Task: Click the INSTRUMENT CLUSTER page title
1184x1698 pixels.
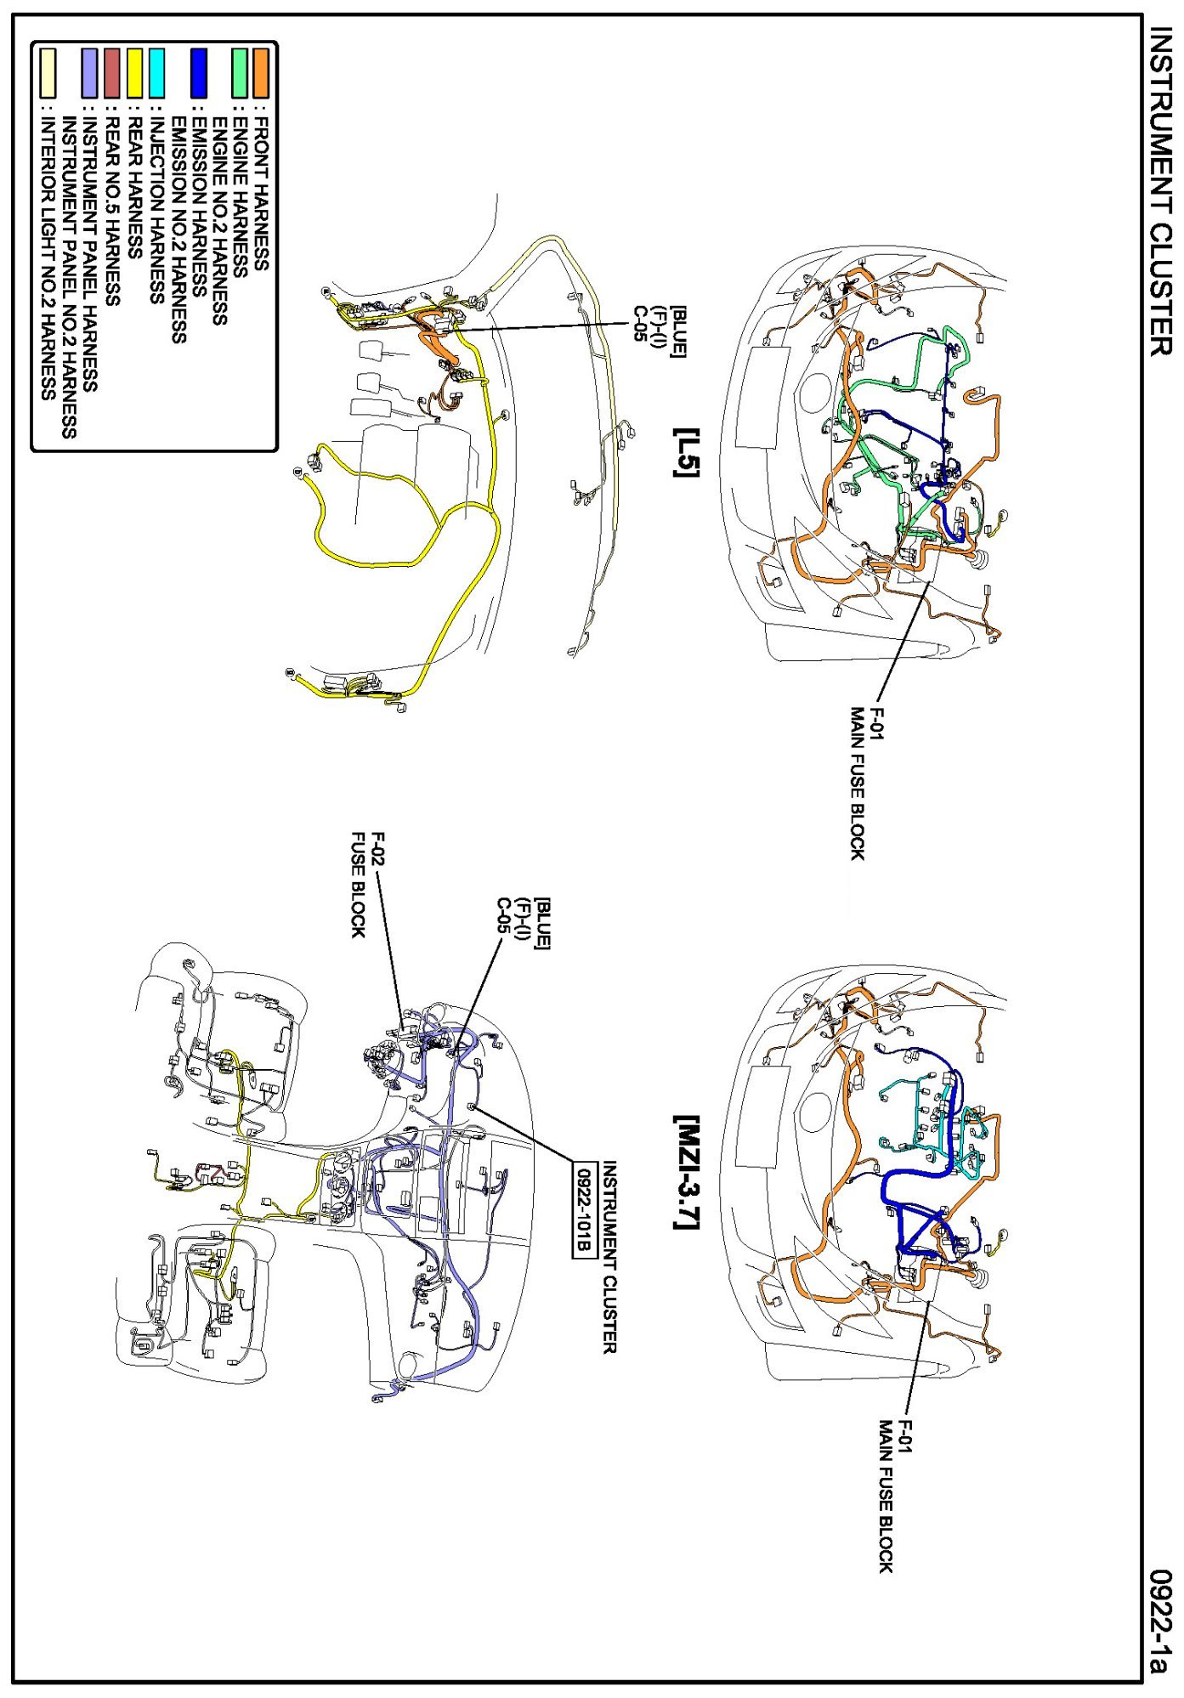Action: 1161,190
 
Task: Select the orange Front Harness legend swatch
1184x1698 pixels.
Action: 263,73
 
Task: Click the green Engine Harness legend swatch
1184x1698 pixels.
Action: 241,73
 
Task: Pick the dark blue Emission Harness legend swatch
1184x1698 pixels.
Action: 199,73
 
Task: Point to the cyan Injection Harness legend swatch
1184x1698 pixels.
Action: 156,73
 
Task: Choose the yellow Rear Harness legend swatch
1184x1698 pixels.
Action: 135,73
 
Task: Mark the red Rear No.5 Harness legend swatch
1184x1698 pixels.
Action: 113,73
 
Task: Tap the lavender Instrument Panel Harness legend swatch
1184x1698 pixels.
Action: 91,73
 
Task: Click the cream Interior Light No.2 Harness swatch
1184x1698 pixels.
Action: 48,73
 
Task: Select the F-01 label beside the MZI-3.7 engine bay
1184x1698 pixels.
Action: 906,1437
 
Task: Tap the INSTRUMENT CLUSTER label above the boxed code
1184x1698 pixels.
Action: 609,1257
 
